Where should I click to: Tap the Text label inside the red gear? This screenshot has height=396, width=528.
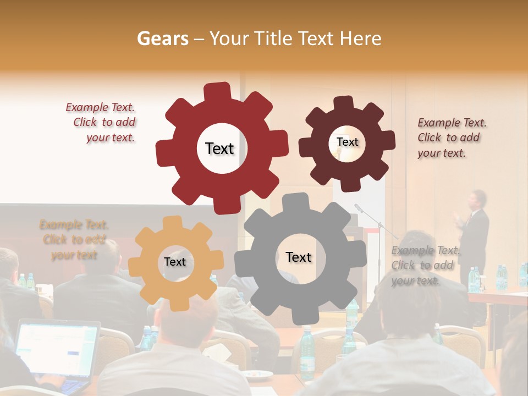click(x=219, y=148)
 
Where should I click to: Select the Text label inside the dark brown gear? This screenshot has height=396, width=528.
click(x=347, y=142)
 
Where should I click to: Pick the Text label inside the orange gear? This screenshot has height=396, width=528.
click(x=175, y=262)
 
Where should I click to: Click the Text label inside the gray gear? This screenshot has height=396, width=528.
click(x=299, y=257)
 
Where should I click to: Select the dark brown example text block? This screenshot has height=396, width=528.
click(x=451, y=137)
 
